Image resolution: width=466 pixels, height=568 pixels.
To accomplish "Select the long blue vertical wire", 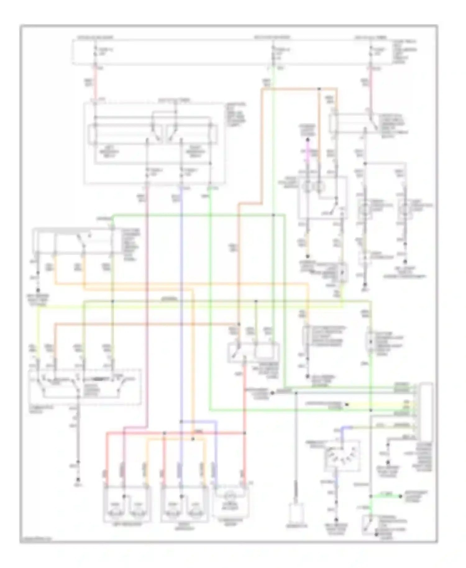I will pos(181,311).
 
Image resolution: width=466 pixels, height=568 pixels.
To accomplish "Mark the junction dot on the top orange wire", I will pos(319,89).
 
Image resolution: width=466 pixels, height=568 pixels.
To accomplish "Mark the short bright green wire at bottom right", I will pos(385,497).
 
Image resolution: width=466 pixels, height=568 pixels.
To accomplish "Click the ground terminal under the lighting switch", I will pos(78,479).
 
